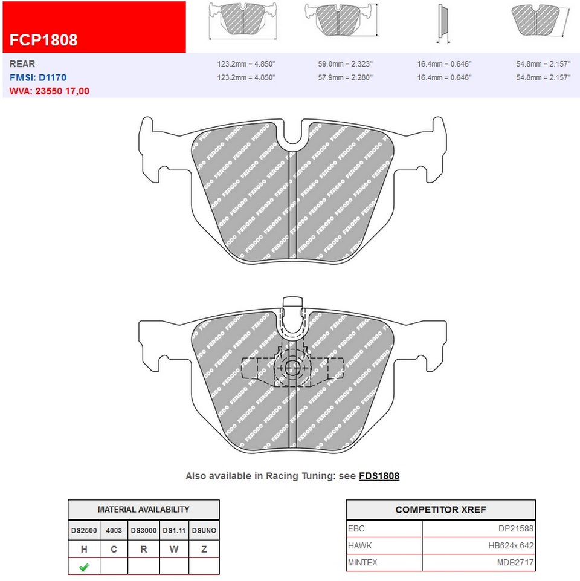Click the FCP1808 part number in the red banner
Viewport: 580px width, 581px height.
pyautogui.click(x=43, y=40)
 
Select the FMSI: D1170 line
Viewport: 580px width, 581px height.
pyautogui.click(x=38, y=77)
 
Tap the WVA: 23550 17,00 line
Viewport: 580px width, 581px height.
pyautogui.click(x=50, y=91)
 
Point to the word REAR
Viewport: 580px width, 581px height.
pyautogui.click(x=22, y=63)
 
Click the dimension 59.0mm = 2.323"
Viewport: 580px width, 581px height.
pyautogui.click(x=345, y=63)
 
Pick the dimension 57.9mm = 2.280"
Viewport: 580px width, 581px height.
pyautogui.click(x=345, y=77)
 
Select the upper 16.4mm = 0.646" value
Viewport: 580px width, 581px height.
pyautogui.click(x=444, y=63)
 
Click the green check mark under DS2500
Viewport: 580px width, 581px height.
pyautogui.click(x=84, y=567)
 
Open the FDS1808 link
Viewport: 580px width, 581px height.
pyautogui.click(x=379, y=476)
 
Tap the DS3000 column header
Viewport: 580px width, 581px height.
pyautogui.click(x=144, y=530)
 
